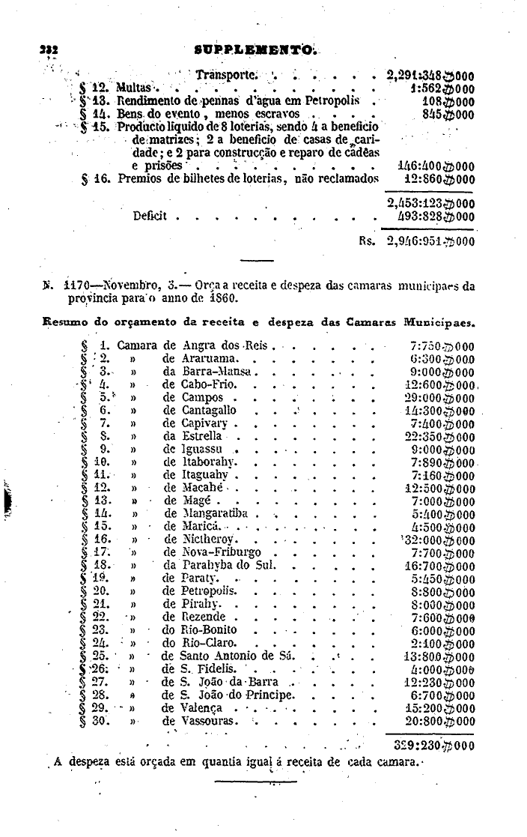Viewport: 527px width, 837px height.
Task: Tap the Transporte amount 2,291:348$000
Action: coord(430,75)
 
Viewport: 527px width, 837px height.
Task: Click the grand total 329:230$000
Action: coord(433,746)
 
